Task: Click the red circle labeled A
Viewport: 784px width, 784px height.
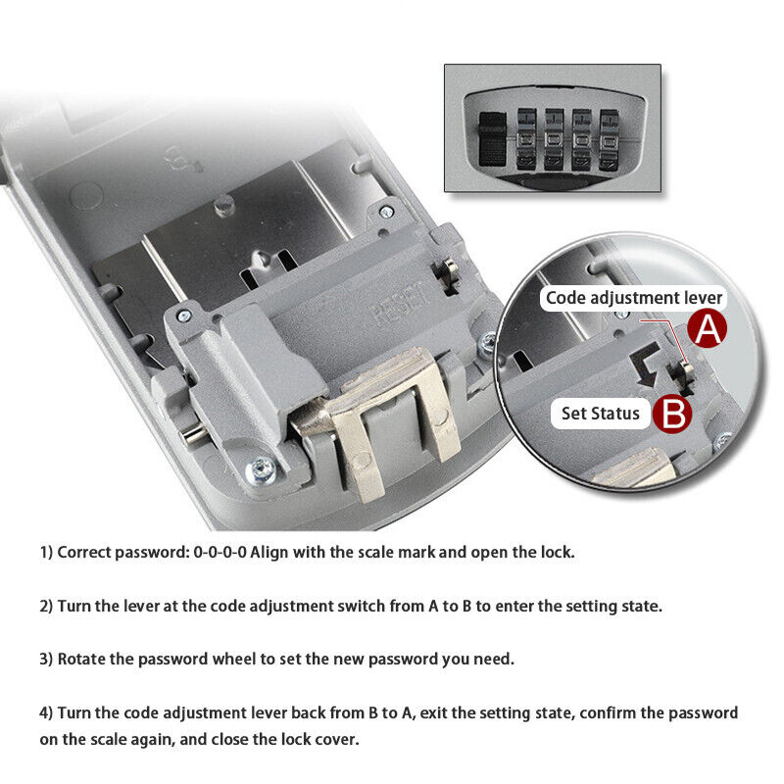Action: [707, 328]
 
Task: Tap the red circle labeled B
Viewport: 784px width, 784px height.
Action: [672, 414]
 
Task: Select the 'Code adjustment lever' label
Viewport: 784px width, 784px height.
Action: [633, 299]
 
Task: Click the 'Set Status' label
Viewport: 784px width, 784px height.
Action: [600, 414]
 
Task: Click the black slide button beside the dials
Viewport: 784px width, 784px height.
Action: [493, 139]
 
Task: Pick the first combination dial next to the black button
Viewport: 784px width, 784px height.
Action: [526, 139]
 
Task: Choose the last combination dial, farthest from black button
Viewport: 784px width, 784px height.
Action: [610, 139]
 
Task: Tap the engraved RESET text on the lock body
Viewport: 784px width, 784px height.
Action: [402, 304]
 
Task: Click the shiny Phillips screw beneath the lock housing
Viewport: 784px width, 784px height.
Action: [261, 470]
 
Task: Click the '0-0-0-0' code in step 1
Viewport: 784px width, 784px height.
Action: [220, 552]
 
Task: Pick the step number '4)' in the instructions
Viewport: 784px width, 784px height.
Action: [46, 713]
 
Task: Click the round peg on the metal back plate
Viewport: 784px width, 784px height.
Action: [224, 205]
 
